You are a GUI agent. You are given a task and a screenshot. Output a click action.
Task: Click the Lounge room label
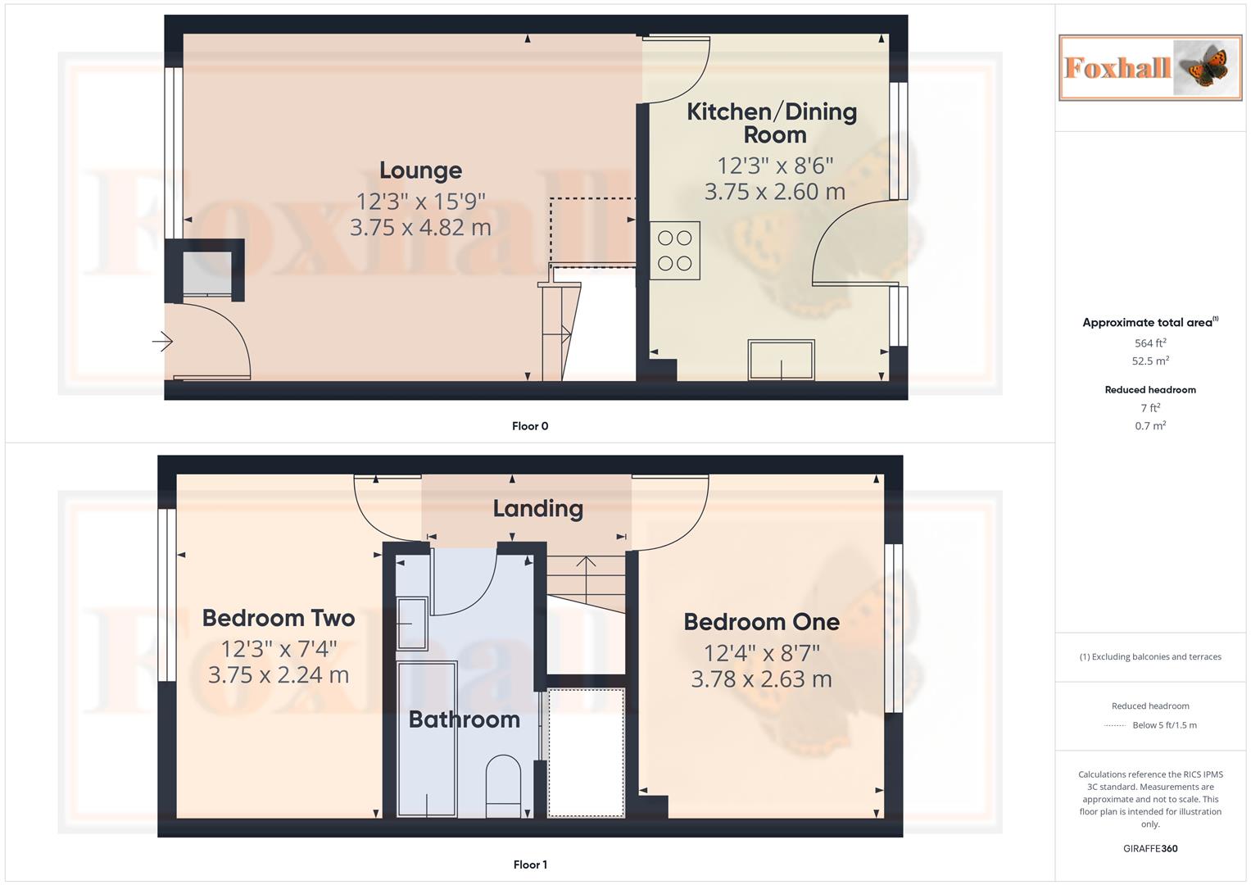tap(420, 170)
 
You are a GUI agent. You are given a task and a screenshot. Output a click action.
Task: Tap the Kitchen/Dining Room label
tap(771, 123)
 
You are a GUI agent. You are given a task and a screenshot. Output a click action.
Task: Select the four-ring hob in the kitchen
tap(675, 251)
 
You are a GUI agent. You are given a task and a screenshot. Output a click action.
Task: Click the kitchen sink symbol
tap(781, 359)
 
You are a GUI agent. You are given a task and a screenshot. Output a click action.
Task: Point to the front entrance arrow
tap(163, 341)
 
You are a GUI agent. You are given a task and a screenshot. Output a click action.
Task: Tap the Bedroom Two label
tap(278, 618)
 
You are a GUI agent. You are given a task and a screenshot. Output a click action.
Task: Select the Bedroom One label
tap(761, 622)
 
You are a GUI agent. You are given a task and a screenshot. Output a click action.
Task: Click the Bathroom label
tap(464, 719)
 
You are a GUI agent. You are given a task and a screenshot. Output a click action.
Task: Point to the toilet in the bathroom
tap(504, 786)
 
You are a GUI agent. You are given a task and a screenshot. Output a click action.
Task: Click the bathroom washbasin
tap(411, 624)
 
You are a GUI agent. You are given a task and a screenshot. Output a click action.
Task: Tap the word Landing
tap(537, 509)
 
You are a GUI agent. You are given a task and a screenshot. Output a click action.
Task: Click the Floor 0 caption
tap(530, 426)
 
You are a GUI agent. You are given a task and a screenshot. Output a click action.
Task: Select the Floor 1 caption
tap(530, 865)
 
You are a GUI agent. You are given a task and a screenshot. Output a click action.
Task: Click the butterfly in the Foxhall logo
tap(1206, 68)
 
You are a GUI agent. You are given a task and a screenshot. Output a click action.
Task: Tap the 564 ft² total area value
tap(1150, 343)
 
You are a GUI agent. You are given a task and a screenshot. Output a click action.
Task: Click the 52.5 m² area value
tap(1150, 361)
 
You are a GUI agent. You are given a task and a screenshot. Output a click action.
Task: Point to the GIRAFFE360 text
tap(1150, 849)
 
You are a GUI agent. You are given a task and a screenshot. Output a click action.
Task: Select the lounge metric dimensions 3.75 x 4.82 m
tap(420, 227)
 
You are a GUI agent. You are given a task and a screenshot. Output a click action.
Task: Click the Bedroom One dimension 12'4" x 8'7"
tap(761, 653)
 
